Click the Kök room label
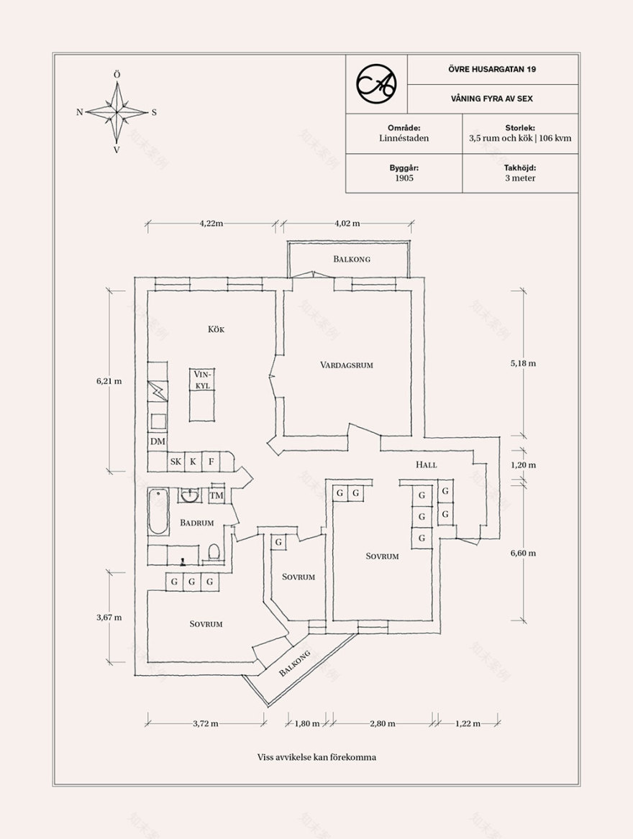216,329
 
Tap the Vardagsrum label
347,365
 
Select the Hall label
427,464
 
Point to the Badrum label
196,523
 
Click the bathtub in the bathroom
158,512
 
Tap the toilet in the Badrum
214,551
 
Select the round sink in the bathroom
190,495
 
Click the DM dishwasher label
158,441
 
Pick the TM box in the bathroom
217,495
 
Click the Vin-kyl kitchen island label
202,380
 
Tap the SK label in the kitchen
175,462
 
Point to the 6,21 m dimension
109,381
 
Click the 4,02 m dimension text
347,223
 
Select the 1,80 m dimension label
307,723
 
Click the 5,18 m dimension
523,363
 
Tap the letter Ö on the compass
117,75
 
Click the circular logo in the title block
376,83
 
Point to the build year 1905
404,178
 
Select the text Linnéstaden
404,137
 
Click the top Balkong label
352,259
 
